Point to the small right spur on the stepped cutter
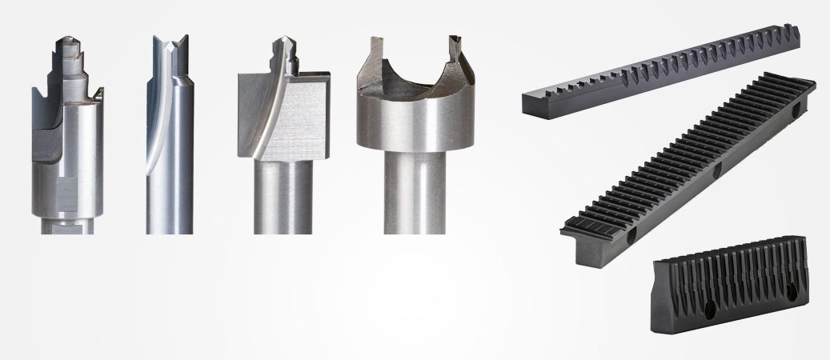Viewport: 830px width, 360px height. pyautogui.click(x=99, y=97)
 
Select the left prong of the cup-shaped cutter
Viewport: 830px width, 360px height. pyautogui.click(x=371, y=64)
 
